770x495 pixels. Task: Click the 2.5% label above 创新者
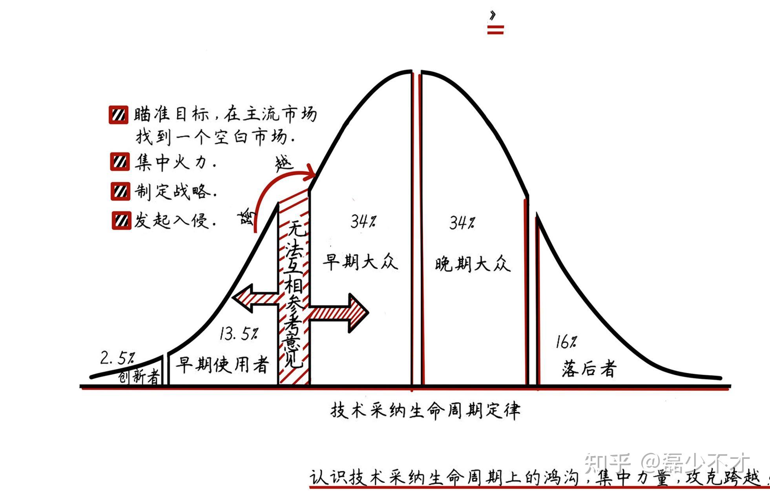pyautogui.click(x=117, y=357)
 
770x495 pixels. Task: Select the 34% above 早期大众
pyautogui.click(x=363, y=222)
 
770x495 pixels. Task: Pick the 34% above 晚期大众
pyautogui.click(x=462, y=223)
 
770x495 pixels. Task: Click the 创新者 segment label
pyautogui.click(x=139, y=377)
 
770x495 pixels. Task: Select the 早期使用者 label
pyautogui.click(x=222, y=365)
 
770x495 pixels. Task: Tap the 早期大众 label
pyautogui.click(x=360, y=261)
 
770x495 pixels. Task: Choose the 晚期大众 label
pyautogui.click(x=473, y=264)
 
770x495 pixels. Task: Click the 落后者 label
pyautogui.click(x=589, y=369)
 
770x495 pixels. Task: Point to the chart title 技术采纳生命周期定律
pyautogui.click(x=425, y=411)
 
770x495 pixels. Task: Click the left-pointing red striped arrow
pyautogui.click(x=255, y=299)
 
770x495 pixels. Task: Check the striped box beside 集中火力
pyautogui.click(x=120, y=162)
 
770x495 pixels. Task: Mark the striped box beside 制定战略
pyautogui.click(x=120, y=191)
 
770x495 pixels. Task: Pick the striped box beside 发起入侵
pyautogui.click(x=121, y=220)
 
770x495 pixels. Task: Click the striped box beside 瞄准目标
pyautogui.click(x=119, y=115)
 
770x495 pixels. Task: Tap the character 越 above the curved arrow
pyautogui.click(x=283, y=163)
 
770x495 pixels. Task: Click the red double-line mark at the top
pyautogui.click(x=495, y=29)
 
